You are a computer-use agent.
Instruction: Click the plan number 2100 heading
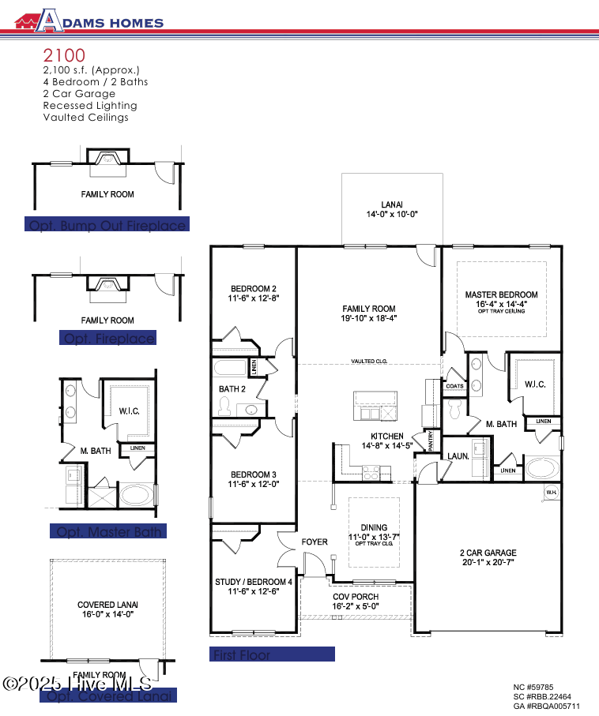click(65, 56)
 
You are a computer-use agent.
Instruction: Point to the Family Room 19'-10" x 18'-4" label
click(369, 313)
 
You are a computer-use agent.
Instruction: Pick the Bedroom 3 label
click(252, 479)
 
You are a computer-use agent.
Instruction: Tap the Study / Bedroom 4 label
click(253, 587)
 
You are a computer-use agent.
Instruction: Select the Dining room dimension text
click(374, 537)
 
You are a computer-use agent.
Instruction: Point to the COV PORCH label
click(355, 602)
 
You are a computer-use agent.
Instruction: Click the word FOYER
click(315, 542)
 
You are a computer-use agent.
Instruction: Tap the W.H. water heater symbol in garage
click(550, 493)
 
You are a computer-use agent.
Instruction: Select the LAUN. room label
click(458, 456)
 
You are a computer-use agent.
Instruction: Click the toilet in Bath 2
click(224, 406)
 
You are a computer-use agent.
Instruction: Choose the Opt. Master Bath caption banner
click(107, 531)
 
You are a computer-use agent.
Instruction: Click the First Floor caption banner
click(273, 654)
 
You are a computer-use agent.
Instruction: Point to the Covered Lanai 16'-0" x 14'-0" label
click(107, 609)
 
